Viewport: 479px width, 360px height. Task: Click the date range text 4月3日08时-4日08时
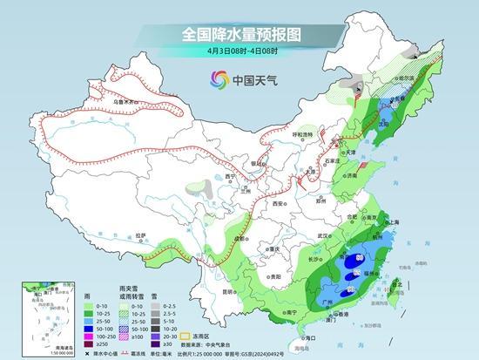[x=239, y=50]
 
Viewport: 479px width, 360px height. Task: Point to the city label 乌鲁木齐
[x=125, y=101]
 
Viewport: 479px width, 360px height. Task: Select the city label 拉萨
[x=139, y=235]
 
